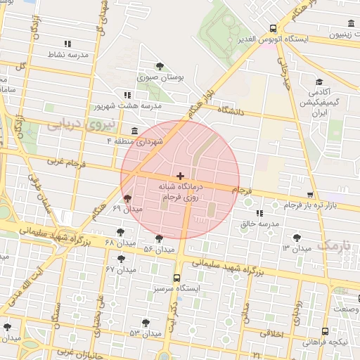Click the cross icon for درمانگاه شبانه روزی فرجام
[x=181, y=175]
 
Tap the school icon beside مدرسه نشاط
[x=67, y=44]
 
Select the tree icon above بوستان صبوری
[x=160, y=66]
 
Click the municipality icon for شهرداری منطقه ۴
[x=134, y=131]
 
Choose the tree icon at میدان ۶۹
[x=127, y=199]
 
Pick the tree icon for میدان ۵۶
[x=160, y=238]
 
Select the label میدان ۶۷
[x=121, y=269]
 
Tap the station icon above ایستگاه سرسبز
[x=176, y=277]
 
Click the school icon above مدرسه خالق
[x=259, y=212]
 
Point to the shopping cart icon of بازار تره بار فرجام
[x=310, y=195]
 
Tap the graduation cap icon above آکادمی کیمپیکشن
[x=319, y=82]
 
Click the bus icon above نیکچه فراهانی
[x=324, y=331]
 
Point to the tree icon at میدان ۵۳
[x=146, y=323]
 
